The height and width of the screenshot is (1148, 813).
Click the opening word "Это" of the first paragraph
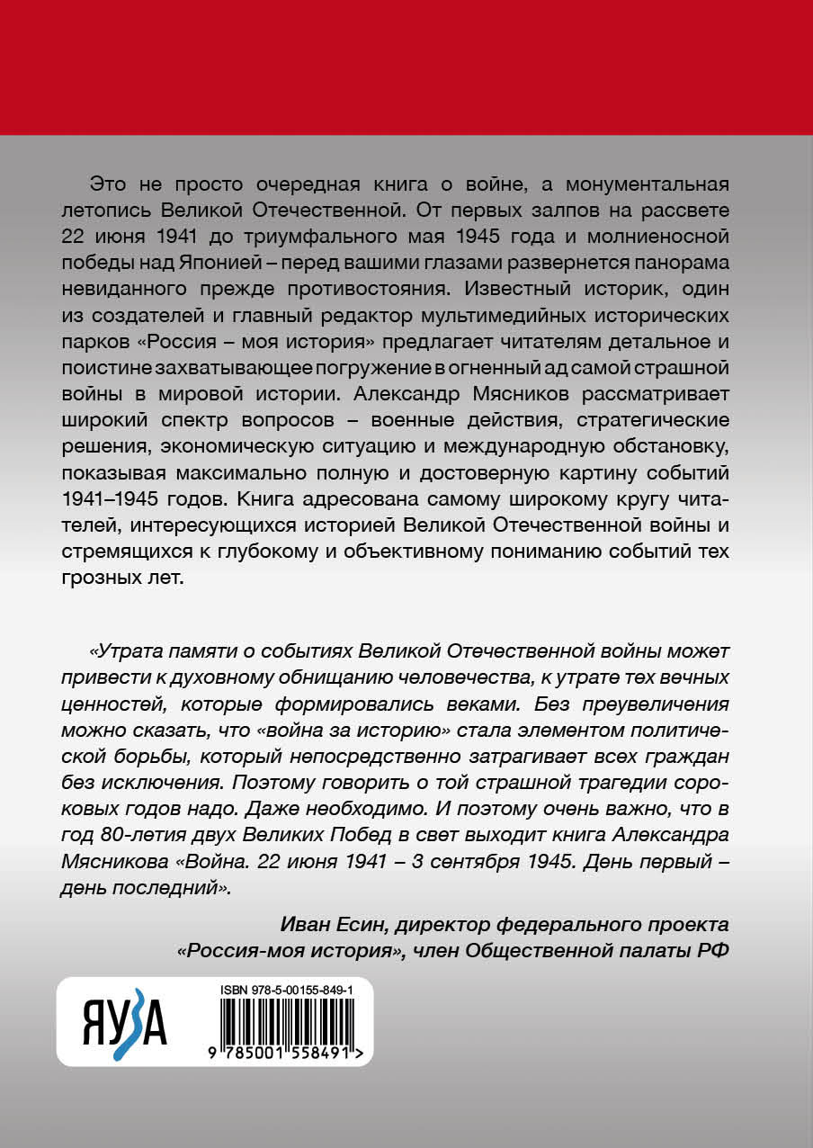tap(110, 184)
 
